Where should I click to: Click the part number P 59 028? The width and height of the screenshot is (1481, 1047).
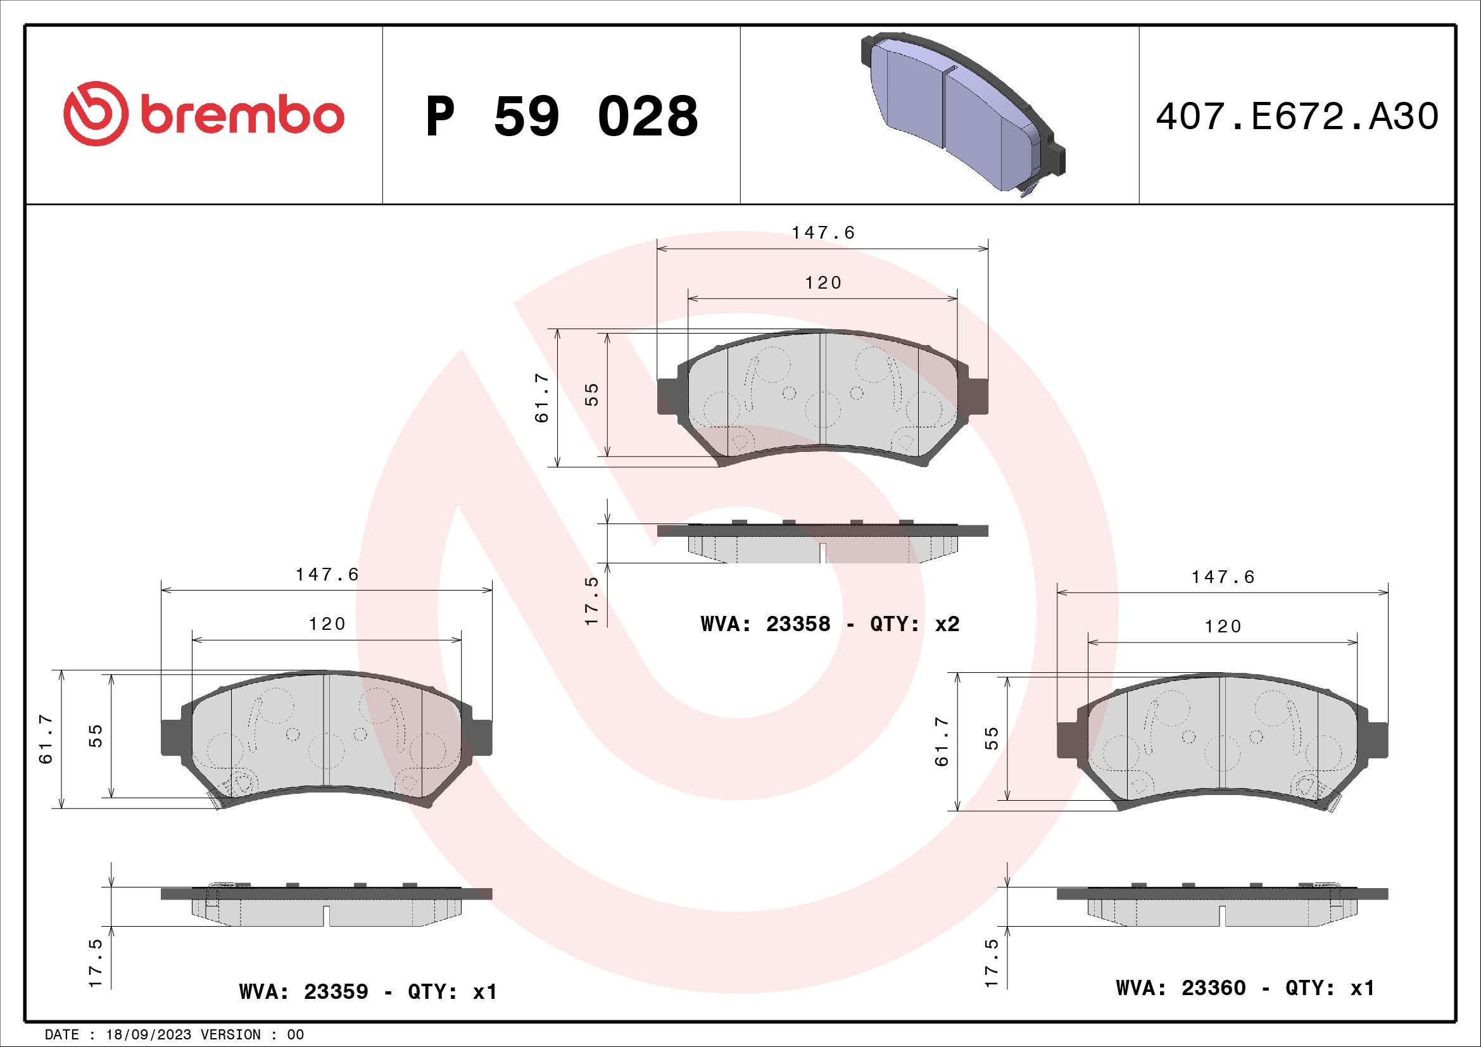561,116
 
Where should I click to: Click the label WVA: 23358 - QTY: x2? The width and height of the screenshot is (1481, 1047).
830,624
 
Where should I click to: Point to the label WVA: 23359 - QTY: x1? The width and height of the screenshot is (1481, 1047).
368,991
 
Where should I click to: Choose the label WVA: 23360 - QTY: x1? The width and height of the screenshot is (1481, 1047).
1245,987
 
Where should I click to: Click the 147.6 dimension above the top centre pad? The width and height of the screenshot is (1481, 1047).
823,233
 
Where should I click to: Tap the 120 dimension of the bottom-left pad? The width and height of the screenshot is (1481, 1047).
327,624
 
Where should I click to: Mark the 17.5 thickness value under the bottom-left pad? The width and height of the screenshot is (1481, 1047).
96,963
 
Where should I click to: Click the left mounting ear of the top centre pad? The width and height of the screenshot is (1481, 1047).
667,396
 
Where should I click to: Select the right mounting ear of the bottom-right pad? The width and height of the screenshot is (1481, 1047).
1378,740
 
